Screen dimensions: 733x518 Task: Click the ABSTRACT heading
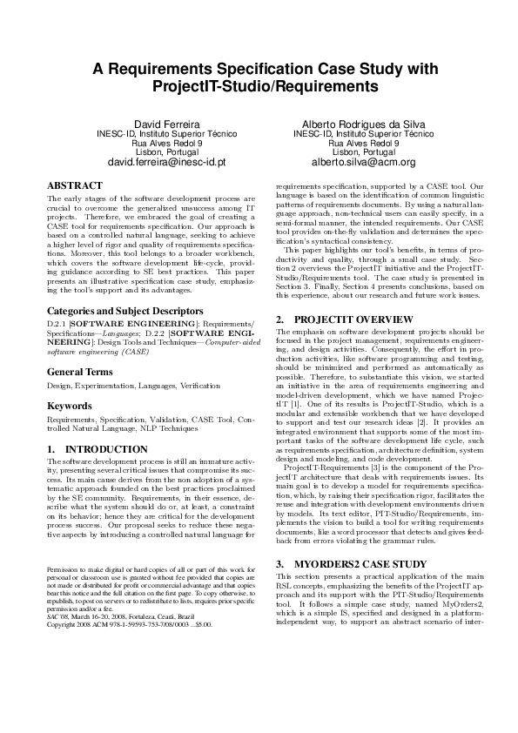click(75, 186)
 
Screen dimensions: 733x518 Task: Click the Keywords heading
click(69, 380)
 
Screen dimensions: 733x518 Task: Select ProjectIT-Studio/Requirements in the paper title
click(259, 87)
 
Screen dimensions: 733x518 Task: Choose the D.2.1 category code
click(57, 298)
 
